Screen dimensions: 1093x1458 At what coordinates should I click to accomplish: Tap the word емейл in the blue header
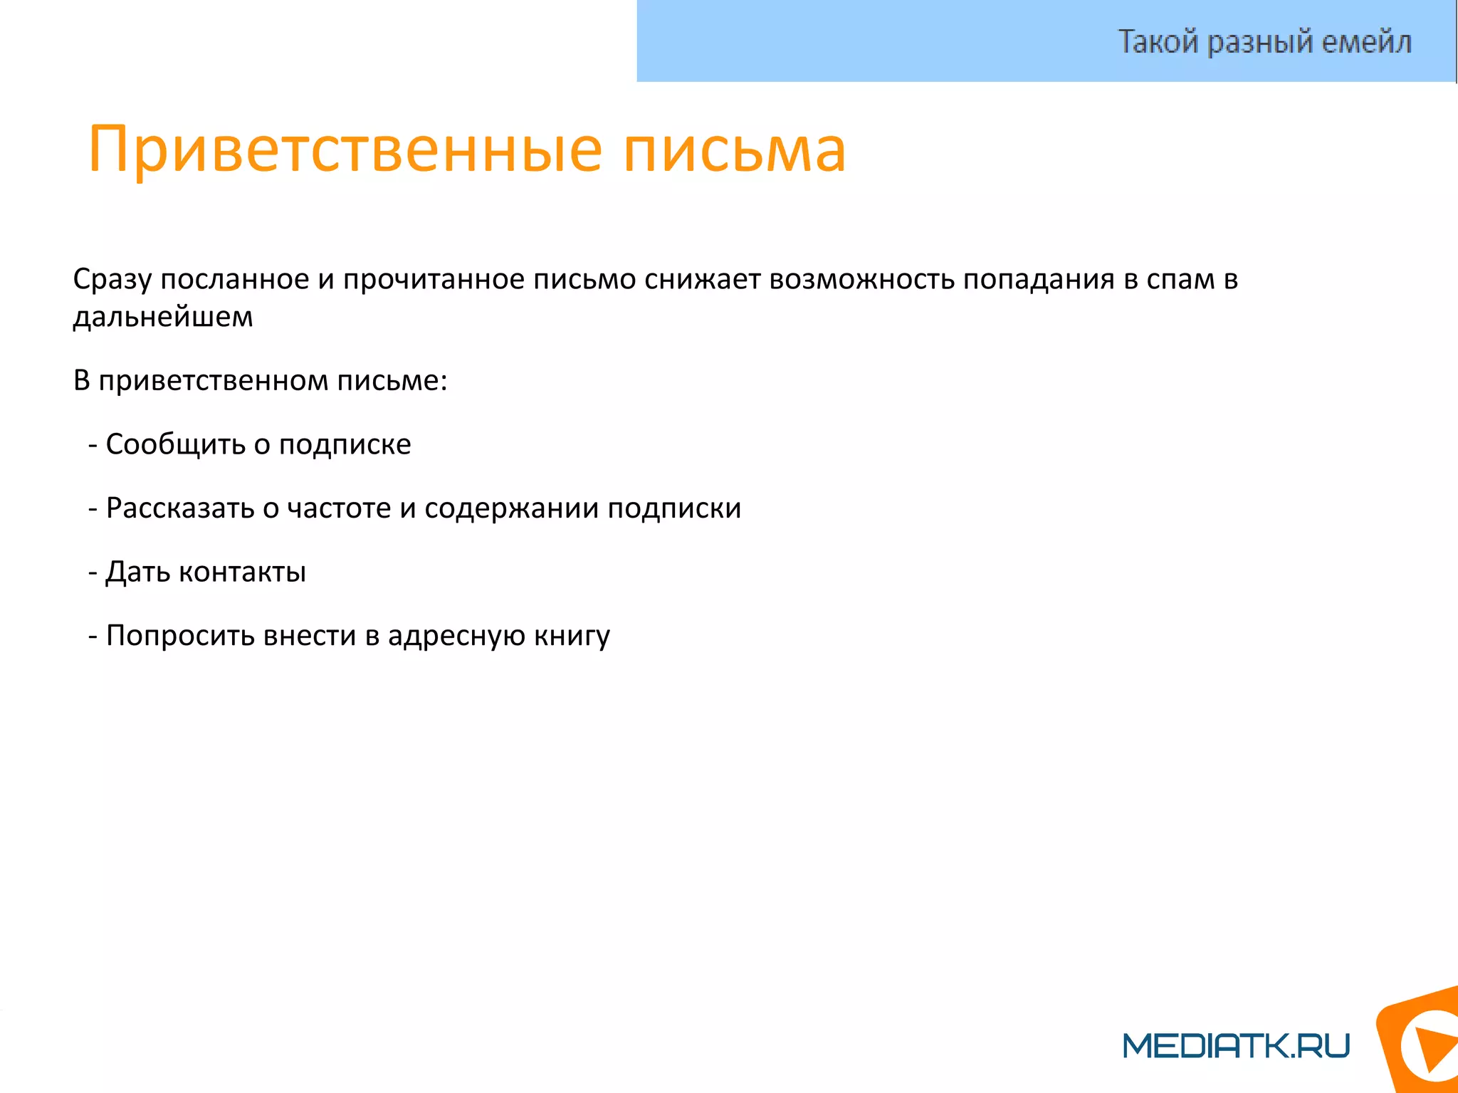coord(1366,42)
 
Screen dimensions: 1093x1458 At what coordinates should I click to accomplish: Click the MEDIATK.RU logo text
coord(1236,1046)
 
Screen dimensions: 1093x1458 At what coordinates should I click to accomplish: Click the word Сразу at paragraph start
coord(112,280)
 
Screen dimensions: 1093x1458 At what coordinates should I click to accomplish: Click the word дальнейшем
coord(163,318)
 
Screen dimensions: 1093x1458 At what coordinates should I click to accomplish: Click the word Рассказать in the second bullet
coord(180,508)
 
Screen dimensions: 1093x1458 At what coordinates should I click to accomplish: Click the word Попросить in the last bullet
coord(180,636)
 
